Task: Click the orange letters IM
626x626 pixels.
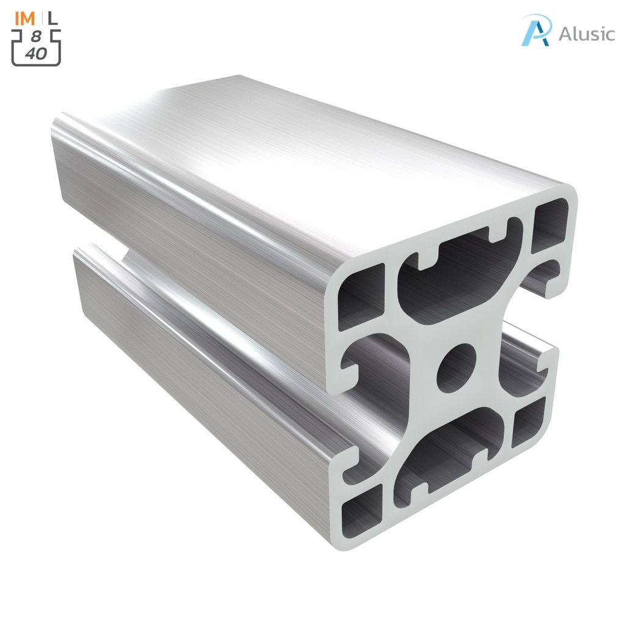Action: pyautogui.click(x=26, y=18)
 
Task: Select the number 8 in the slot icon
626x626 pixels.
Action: pyautogui.click(x=36, y=38)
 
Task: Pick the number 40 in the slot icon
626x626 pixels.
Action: pyautogui.click(x=36, y=53)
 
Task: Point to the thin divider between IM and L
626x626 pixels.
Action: pyautogui.click(x=41, y=18)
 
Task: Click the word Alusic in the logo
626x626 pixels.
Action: pyautogui.click(x=586, y=34)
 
